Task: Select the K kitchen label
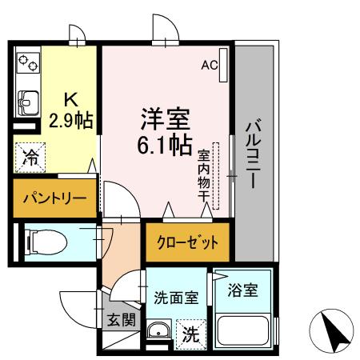[x=70, y=101]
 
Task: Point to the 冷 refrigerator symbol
[x=30, y=157]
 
